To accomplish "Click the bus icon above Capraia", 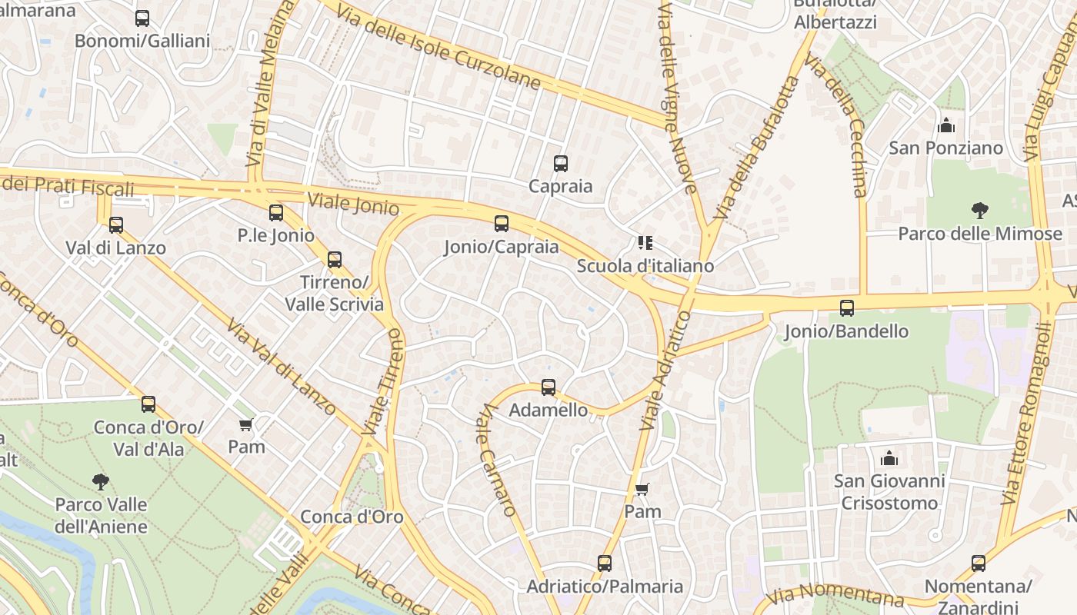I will (561, 163).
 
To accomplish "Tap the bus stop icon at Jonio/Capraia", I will (502, 224).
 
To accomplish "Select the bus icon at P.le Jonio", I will (276, 213).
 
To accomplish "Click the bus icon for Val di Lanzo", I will (116, 225).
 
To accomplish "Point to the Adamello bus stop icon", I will (549, 387).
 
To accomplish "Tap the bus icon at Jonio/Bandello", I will (847, 308).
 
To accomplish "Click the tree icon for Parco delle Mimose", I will (979, 210).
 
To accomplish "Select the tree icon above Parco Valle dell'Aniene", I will (100, 482).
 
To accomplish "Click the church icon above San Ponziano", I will (946, 125).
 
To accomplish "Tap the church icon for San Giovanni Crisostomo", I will (889, 458).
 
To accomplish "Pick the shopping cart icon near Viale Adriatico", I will (642, 489).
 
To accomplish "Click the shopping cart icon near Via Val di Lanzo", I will (246, 424).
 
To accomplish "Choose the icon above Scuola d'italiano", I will (645, 243).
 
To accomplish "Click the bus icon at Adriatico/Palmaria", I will (605, 563).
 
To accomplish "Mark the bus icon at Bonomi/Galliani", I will (142, 18).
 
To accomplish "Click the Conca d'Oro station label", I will (352, 517).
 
